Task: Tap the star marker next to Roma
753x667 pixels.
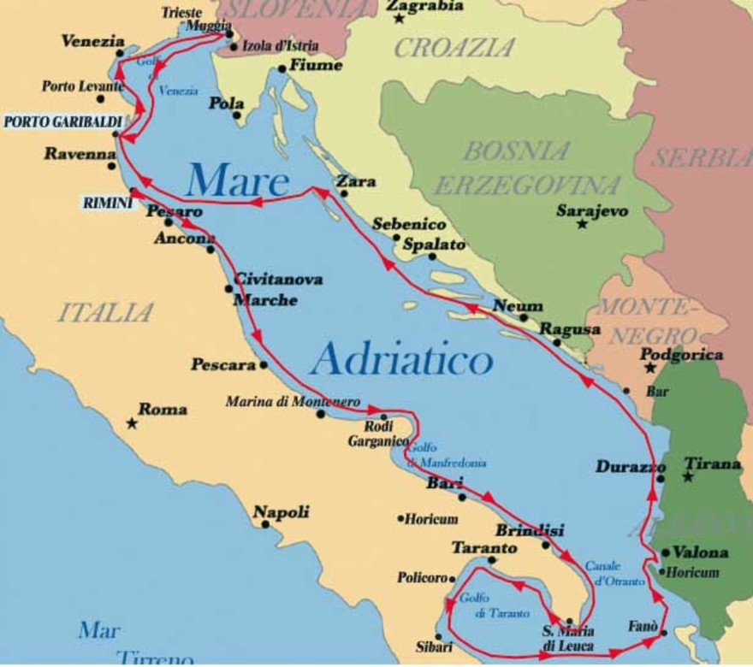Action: pyautogui.click(x=131, y=423)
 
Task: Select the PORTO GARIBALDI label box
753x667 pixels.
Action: pyautogui.click(x=62, y=121)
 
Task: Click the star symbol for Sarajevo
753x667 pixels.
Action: pyautogui.click(x=583, y=224)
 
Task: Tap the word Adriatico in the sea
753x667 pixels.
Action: pyautogui.click(x=401, y=360)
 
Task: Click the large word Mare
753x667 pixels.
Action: pyautogui.click(x=237, y=181)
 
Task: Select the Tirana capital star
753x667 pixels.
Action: pyautogui.click(x=687, y=476)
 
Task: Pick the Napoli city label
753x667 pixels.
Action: pyautogui.click(x=281, y=512)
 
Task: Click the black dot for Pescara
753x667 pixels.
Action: pyautogui.click(x=264, y=365)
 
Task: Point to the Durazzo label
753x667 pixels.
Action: pyautogui.click(x=631, y=467)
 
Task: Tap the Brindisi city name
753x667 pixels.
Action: pyautogui.click(x=530, y=529)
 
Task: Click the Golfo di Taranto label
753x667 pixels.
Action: pyautogui.click(x=494, y=605)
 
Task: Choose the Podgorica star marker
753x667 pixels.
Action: pyautogui.click(x=649, y=369)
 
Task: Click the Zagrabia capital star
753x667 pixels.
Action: pyautogui.click(x=398, y=18)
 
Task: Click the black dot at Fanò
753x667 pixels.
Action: pyautogui.click(x=664, y=634)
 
